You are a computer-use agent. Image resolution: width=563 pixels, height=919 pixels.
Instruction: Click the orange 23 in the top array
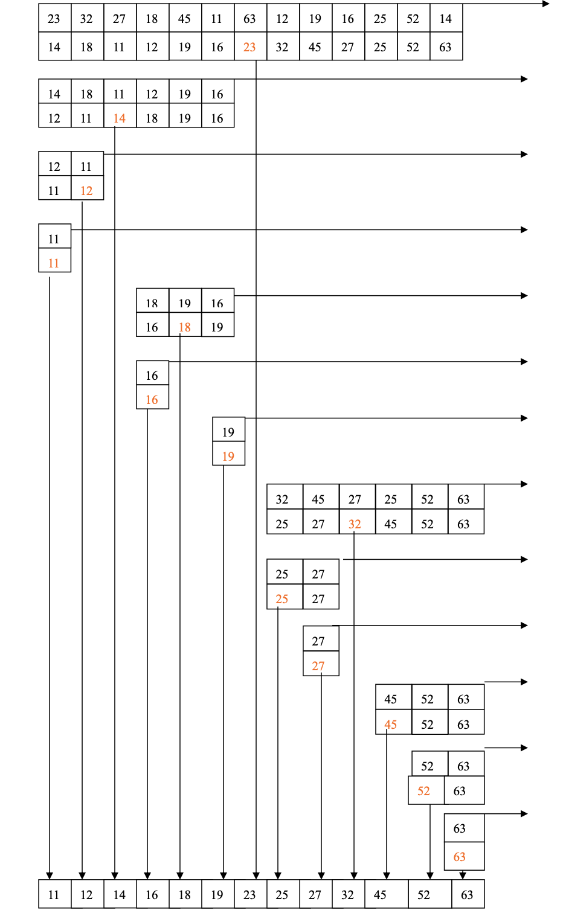point(249,47)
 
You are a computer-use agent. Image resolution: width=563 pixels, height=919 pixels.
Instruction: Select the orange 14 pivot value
point(119,118)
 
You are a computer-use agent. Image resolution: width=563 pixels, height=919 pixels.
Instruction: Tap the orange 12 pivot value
point(86,191)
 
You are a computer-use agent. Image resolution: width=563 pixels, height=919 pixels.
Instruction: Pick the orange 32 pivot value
point(355,524)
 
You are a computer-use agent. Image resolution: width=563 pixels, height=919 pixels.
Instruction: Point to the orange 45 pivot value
point(391,725)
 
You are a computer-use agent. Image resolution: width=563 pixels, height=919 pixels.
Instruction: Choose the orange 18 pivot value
point(184,327)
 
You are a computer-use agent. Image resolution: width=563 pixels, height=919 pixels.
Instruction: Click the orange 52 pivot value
point(424,791)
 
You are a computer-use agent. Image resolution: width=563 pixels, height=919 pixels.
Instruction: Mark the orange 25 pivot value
point(282,599)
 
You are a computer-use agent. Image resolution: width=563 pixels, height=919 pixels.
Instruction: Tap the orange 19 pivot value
point(228,456)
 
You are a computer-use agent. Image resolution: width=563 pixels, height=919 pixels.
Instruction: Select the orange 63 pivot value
point(460,857)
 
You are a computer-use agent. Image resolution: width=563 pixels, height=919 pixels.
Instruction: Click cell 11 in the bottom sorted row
point(54,895)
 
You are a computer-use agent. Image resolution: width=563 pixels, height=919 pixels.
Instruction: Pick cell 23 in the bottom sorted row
point(249,895)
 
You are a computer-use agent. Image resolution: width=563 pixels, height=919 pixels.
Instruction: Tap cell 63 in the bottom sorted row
point(467,895)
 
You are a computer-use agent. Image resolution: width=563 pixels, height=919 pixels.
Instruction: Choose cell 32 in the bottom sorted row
point(347,895)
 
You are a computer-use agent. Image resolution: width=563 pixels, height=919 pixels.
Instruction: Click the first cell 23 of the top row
point(54,19)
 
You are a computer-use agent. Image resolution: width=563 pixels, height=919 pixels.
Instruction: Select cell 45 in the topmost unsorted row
point(184,19)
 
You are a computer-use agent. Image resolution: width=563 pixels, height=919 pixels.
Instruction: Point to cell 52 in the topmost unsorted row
point(413,19)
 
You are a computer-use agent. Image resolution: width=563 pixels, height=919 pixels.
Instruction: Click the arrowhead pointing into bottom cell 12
point(82,876)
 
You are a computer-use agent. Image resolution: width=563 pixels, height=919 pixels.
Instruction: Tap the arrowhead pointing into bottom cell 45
point(387,876)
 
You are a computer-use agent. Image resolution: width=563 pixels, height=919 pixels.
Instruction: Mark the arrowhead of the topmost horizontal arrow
point(546,4)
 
